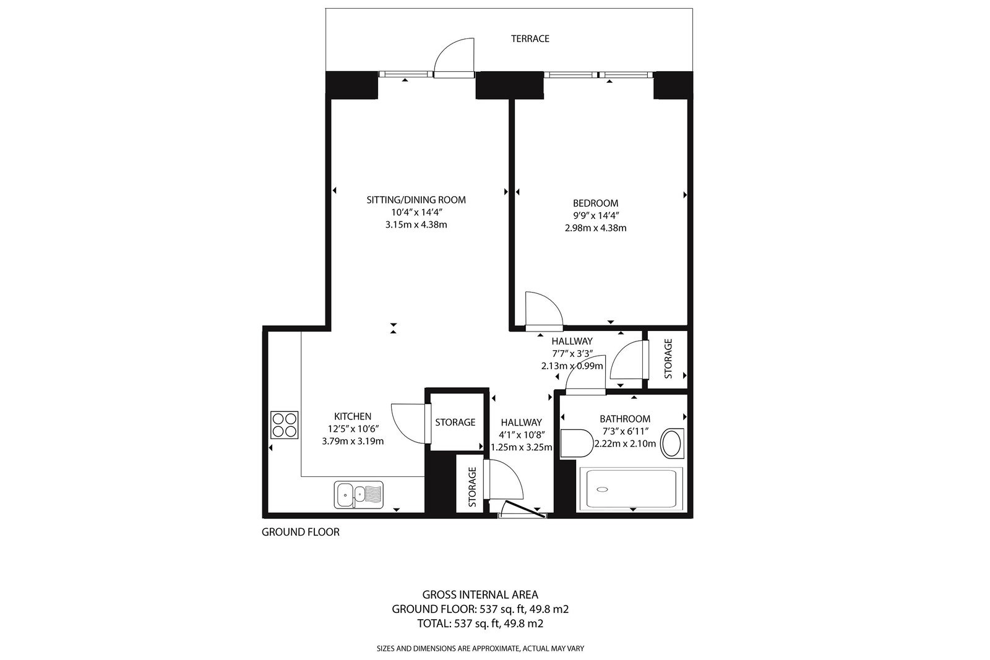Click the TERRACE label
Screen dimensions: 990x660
pos(530,39)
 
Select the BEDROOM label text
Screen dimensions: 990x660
pos(595,204)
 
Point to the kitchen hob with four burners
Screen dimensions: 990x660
pos(285,425)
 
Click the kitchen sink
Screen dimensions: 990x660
pos(358,494)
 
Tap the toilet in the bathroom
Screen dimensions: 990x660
pos(576,443)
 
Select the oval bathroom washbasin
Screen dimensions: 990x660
pos(672,443)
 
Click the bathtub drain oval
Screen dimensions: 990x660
pos(602,489)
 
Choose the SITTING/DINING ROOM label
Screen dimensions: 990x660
pos(416,200)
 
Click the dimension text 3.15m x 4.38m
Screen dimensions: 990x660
pos(416,225)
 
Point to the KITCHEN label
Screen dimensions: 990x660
pos(353,416)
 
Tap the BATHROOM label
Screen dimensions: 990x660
pos(624,419)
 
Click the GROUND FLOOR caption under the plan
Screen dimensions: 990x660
pos(301,532)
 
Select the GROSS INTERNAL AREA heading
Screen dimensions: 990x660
pos(480,594)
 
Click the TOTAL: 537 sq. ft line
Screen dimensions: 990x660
pos(480,624)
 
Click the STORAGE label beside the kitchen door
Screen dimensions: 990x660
pos(455,422)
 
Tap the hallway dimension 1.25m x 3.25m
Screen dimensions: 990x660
pos(522,447)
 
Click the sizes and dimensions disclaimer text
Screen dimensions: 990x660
pos(480,648)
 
